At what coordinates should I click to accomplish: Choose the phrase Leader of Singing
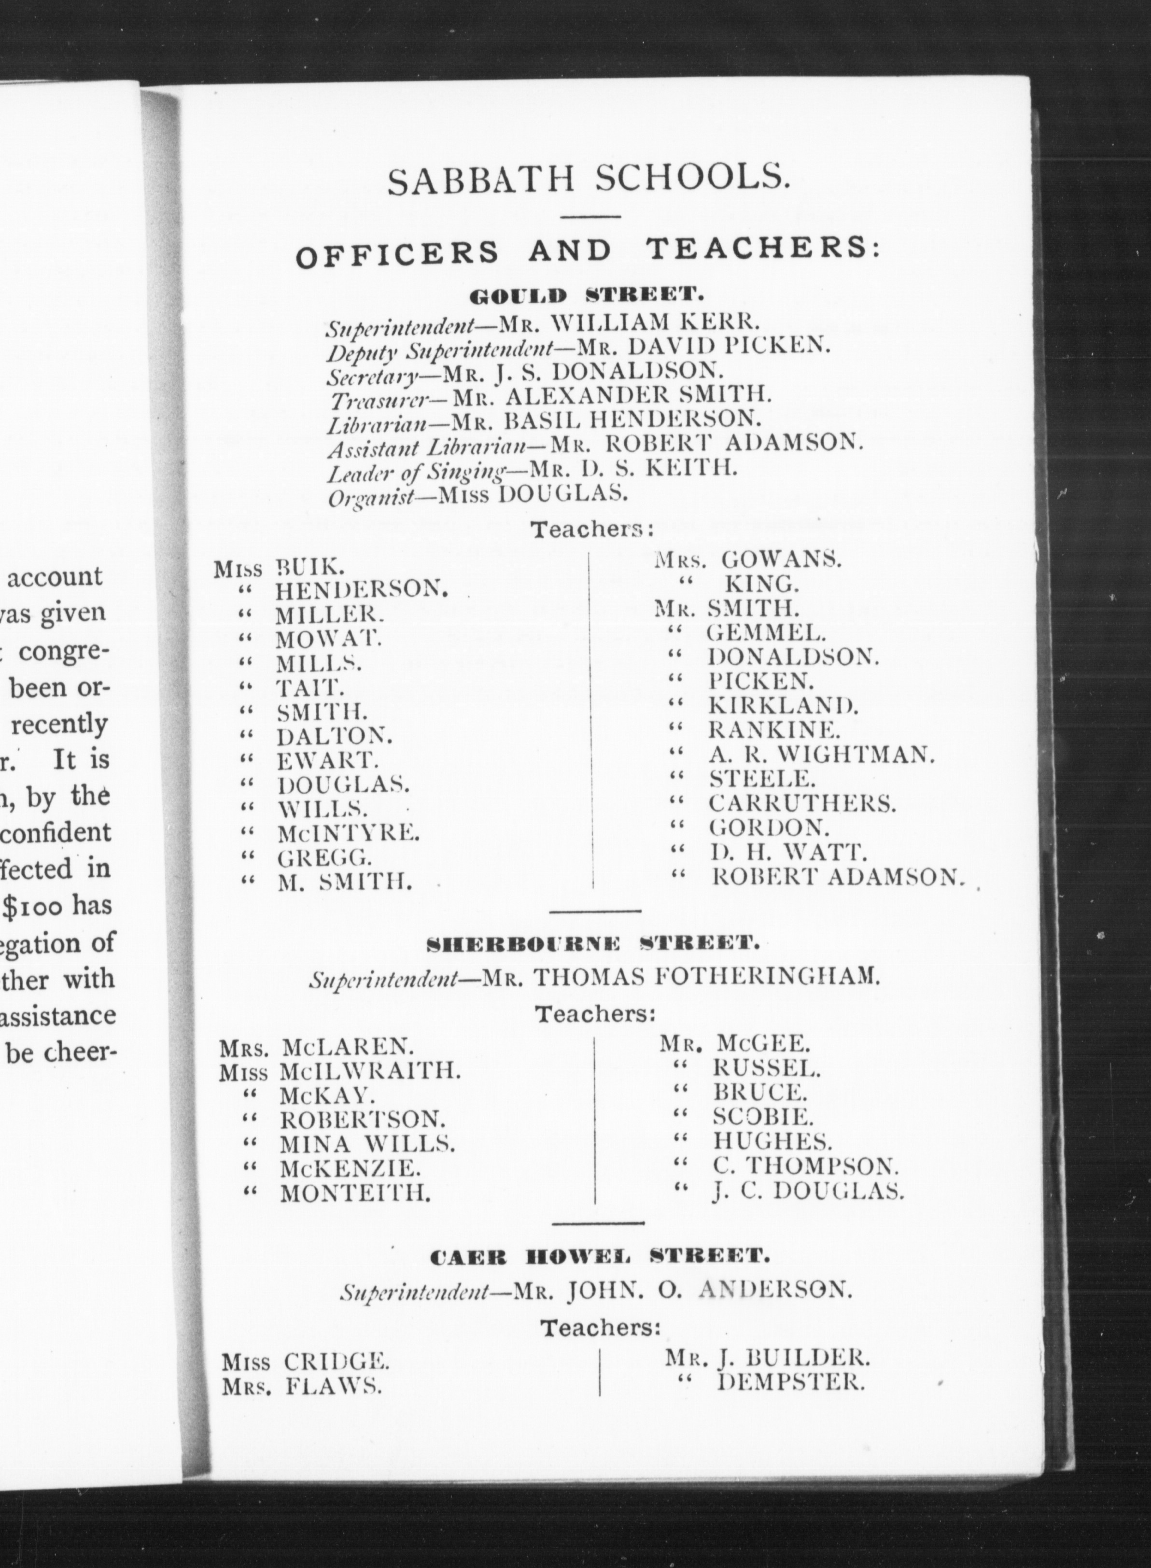click(x=416, y=473)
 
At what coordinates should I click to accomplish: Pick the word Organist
click(x=371, y=497)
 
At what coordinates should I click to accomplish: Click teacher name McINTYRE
click(x=349, y=832)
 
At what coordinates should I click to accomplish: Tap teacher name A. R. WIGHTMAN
click(x=820, y=754)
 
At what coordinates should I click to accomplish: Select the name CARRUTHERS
click(x=802, y=803)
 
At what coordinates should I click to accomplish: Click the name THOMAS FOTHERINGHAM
click(x=706, y=978)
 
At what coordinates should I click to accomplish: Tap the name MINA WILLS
click(x=367, y=1143)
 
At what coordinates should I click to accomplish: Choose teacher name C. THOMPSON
click(x=805, y=1165)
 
